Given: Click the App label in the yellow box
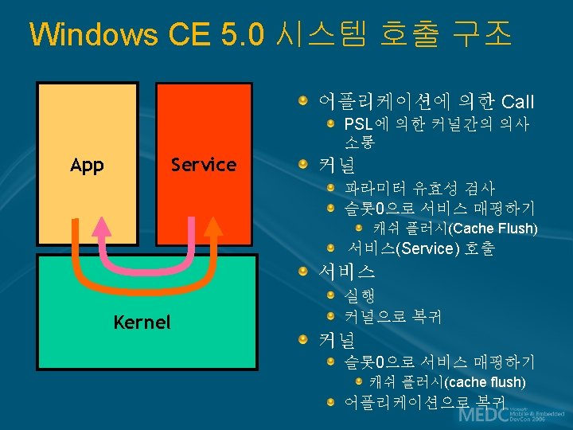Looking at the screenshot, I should [87, 165].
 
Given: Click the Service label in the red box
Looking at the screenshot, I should [204, 165].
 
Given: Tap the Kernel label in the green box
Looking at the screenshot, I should [142, 322].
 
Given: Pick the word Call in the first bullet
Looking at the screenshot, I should [518, 102].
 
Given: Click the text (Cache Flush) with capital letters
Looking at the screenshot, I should [493, 229].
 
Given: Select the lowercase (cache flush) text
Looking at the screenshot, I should [485, 382].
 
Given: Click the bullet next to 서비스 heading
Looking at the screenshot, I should [304, 272].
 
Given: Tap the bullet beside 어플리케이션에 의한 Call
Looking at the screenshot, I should [304, 102].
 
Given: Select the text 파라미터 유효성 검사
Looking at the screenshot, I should [419, 189].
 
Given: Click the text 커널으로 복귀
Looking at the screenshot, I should [392, 316].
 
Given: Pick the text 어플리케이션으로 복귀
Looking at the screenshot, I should [424, 401].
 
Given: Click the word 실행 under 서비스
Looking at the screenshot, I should [359, 296].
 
